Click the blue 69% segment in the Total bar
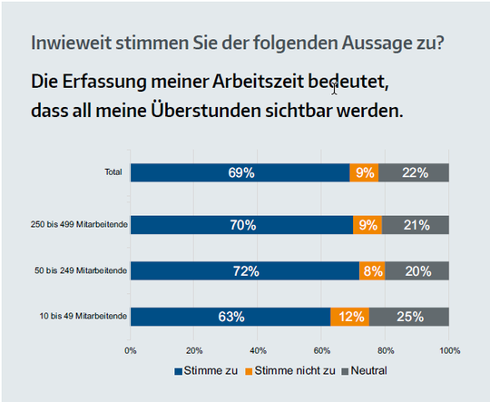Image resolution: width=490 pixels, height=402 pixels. [240, 172]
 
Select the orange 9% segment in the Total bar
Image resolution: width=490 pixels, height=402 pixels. [364, 172]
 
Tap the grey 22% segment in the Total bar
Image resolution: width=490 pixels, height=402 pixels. [414, 172]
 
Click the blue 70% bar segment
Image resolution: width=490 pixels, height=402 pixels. [242, 225]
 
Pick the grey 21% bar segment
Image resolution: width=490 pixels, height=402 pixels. [416, 225]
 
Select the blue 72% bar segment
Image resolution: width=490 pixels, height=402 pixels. [245, 270]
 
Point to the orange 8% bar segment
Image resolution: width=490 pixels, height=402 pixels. [372, 270]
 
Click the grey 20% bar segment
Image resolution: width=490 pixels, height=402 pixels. [417, 270]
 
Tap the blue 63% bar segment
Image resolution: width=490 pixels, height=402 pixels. [230, 316]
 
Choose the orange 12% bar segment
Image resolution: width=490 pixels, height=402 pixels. [350, 316]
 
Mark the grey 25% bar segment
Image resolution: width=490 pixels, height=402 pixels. [409, 316]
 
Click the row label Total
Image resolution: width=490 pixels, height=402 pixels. [113, 172]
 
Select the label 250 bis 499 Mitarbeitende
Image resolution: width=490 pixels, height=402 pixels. [79, 225]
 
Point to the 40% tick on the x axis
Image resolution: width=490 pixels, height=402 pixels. [258, 348]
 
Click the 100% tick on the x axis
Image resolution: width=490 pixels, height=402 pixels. [448, 348]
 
